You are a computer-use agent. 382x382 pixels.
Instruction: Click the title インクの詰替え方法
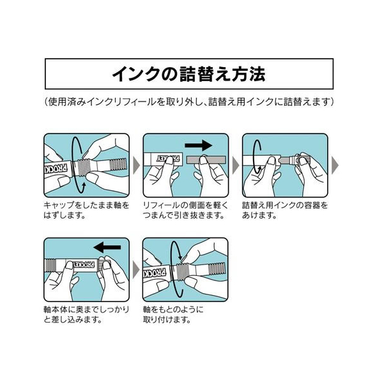[188, 74]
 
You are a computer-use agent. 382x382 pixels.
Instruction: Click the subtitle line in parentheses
[189, 102]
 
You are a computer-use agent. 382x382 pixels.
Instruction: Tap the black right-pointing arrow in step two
[198, 146]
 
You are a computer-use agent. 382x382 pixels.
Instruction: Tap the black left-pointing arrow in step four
[107, 247]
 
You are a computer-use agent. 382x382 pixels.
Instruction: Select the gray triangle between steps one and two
[136, 165]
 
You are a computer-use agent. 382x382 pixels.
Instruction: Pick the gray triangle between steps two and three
[235, 165]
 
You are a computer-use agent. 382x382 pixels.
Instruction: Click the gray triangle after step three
[335, 165]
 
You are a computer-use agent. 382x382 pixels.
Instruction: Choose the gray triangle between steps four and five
[136, 270]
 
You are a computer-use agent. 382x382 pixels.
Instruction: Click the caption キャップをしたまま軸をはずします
[86, 210]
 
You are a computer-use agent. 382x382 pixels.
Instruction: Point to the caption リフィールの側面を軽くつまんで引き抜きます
[185, 210]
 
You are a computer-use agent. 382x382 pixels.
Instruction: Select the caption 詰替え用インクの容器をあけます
[285, 210]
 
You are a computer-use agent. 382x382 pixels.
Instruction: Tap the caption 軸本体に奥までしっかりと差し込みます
[86, 314]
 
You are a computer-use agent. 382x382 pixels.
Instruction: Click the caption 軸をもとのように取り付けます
[173, 314]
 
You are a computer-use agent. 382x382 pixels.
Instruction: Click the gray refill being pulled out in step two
[206, 160]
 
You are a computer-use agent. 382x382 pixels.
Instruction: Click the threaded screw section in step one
[84, 167]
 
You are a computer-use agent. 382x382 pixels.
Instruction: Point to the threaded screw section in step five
[183, 272]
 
